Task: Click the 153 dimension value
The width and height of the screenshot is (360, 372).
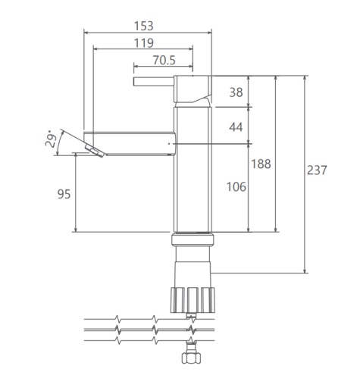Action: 143,26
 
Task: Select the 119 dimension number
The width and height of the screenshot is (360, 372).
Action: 143,43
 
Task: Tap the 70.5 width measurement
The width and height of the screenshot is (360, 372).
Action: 164,60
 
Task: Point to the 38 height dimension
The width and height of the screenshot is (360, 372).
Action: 236,92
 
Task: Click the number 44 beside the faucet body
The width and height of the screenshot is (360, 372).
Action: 236,127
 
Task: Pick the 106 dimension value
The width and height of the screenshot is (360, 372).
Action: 236,187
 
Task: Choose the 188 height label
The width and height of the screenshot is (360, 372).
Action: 261,164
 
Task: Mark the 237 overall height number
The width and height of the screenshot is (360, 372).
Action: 317,170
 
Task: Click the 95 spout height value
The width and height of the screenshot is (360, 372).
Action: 64,194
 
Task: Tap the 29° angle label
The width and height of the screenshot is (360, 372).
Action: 51,139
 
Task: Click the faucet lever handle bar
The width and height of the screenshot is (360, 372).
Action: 154,82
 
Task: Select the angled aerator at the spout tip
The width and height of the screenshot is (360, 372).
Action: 95,151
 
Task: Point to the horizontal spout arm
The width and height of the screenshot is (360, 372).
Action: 130,143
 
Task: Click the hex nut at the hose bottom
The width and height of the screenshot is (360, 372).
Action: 191,358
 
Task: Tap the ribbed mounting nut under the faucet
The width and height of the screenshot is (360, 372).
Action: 193,300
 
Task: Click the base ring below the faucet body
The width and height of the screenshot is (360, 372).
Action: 193,239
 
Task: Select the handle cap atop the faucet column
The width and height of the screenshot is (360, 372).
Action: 193,89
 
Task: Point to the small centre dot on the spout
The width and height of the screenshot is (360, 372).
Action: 169,144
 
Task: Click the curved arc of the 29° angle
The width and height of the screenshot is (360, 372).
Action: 58,142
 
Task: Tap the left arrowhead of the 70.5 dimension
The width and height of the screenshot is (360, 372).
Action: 136,67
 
